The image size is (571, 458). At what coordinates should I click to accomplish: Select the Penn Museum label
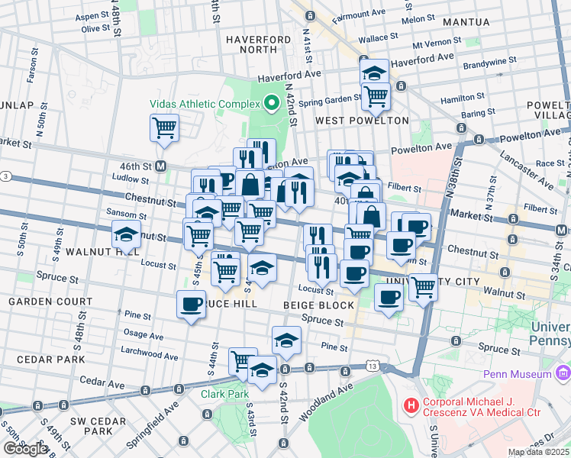(517, 374)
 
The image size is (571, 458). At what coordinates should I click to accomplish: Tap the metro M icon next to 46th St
(161, 166)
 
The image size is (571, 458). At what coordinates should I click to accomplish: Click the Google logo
(25, 449)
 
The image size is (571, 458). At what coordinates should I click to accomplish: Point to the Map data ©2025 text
(539, 452)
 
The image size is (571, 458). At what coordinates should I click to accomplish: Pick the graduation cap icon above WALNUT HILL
(127, 232)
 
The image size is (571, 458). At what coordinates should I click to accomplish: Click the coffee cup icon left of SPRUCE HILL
(191, 304)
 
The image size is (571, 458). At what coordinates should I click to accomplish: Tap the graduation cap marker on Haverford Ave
(374, 72)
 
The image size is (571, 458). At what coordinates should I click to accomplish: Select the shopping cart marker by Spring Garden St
(376, 96)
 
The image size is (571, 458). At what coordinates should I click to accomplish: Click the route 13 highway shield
(373, 366)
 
